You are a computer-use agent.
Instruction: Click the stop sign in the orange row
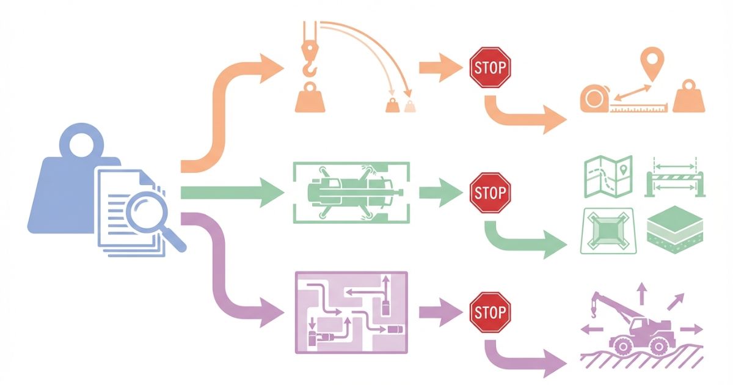point(489,67)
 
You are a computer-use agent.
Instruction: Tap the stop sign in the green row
point(489,193)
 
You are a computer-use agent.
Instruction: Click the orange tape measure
point(596,99)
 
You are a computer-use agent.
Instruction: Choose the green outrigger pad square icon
point(608,232)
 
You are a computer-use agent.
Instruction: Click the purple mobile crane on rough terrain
point(635,330)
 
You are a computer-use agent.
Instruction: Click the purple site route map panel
point(351,312)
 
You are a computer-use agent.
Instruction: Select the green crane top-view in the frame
point(351,193)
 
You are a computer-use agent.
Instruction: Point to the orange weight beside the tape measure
point(689,98)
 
